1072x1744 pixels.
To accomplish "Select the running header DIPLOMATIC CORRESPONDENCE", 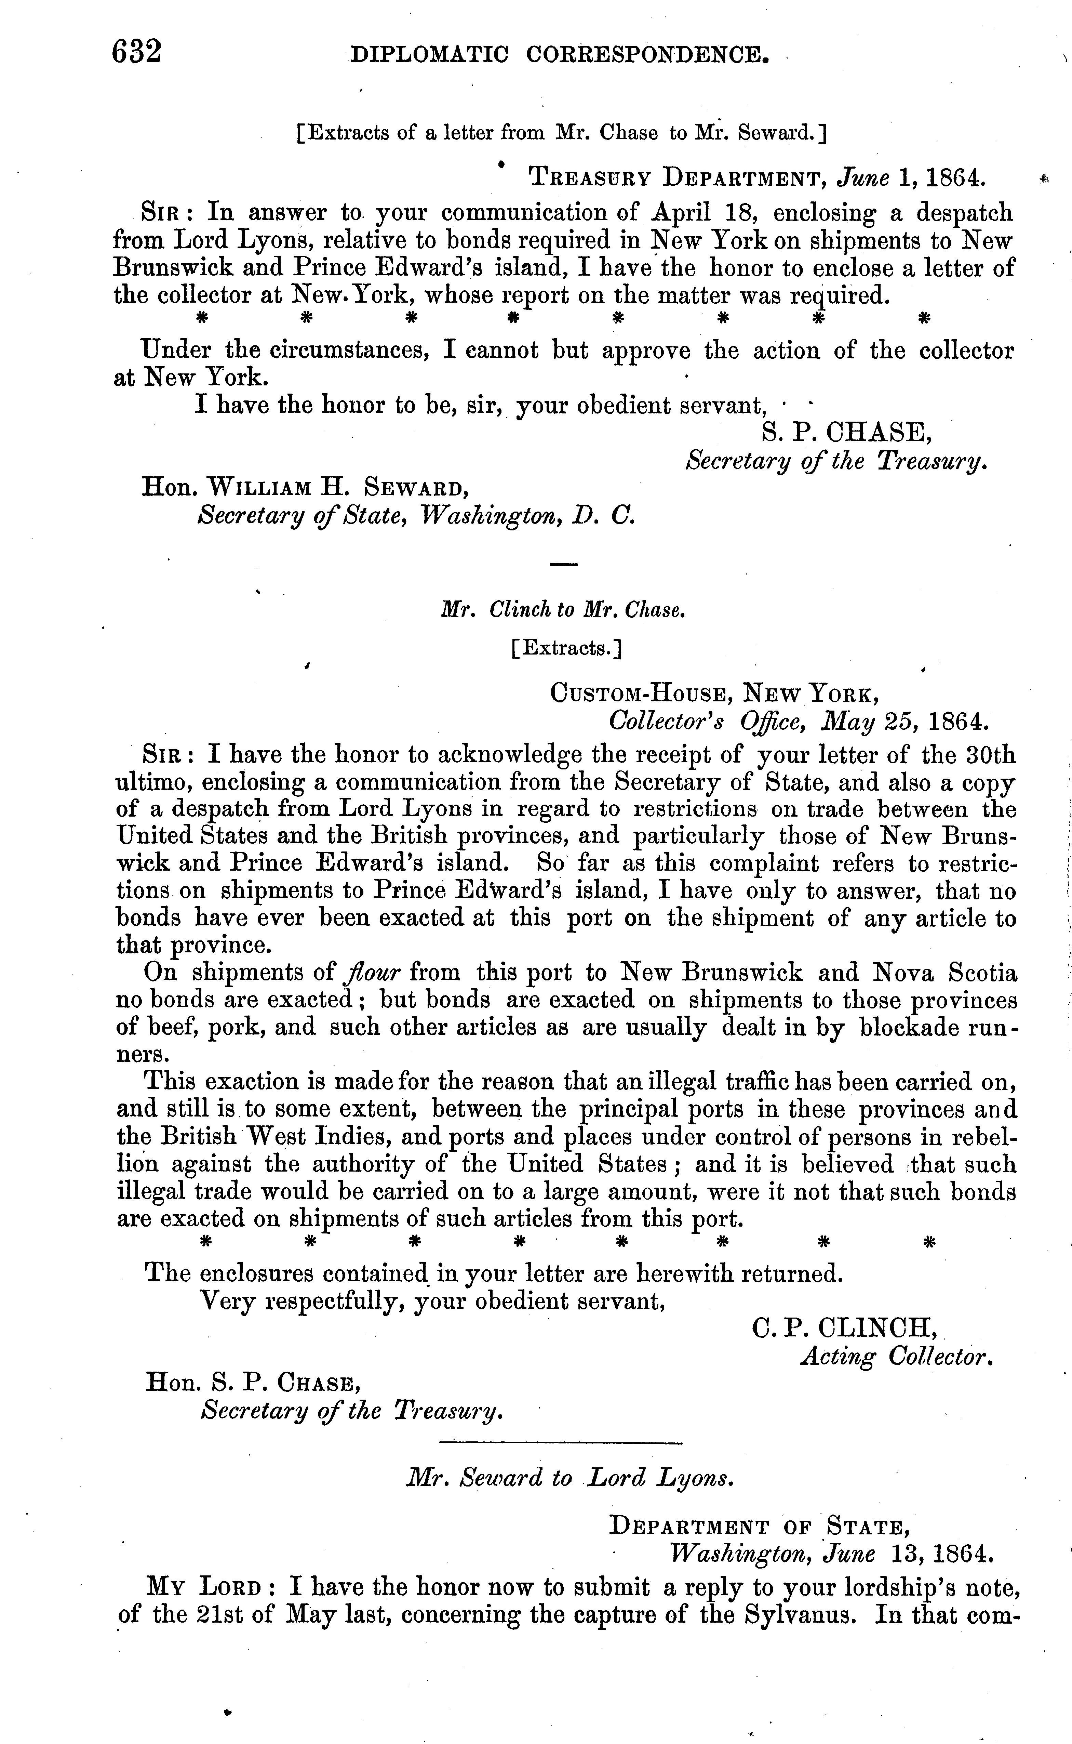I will click(x=560, y=55).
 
